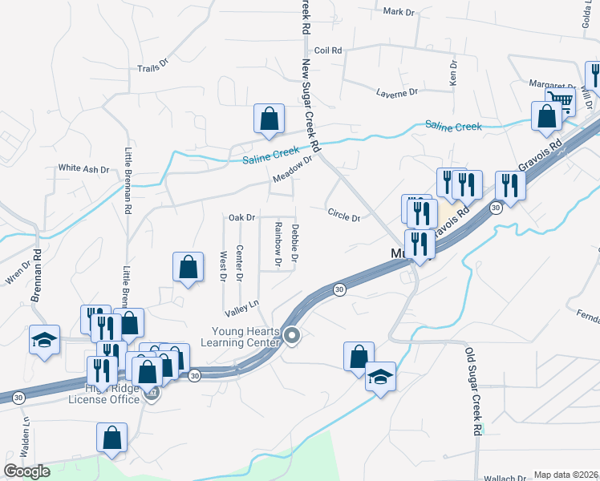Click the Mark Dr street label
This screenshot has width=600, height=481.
(x=398, y=12)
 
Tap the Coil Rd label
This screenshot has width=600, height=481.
(x=328, y=50)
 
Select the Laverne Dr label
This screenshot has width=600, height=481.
(x=398, y=93)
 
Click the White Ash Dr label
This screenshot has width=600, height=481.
(x=83, y=169)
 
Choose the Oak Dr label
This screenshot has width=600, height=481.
(x=241, y=217)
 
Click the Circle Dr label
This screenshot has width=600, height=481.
(x=344, y=213)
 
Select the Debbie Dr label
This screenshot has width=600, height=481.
(x=295, y=244)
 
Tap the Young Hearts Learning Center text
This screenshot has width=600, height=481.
(x=245, y=337)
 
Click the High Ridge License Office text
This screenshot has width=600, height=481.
(x=104, y=394)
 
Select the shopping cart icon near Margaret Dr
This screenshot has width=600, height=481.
(x=559, y=99)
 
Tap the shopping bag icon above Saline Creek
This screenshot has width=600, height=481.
(x=270, y=119)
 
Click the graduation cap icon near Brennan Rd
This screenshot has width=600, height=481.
(x=44, y=340)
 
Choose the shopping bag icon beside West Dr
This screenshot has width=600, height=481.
(x=187, y=269)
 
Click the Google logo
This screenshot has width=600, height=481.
(x=26, y=471)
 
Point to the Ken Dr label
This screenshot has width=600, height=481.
(x=453, y=74)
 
